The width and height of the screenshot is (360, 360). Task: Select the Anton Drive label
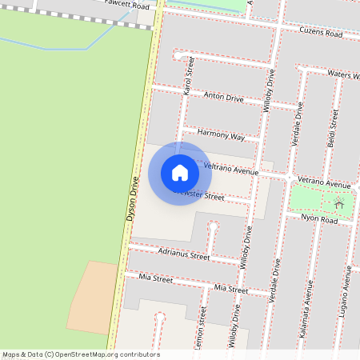223,98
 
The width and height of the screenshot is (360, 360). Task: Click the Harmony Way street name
220,135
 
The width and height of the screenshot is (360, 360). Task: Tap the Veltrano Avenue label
231,168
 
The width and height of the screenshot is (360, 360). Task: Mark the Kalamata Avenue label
304,319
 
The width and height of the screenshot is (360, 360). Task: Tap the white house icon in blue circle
180,173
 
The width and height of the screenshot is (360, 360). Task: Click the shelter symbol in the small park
339,204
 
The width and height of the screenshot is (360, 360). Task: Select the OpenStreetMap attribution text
81,354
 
